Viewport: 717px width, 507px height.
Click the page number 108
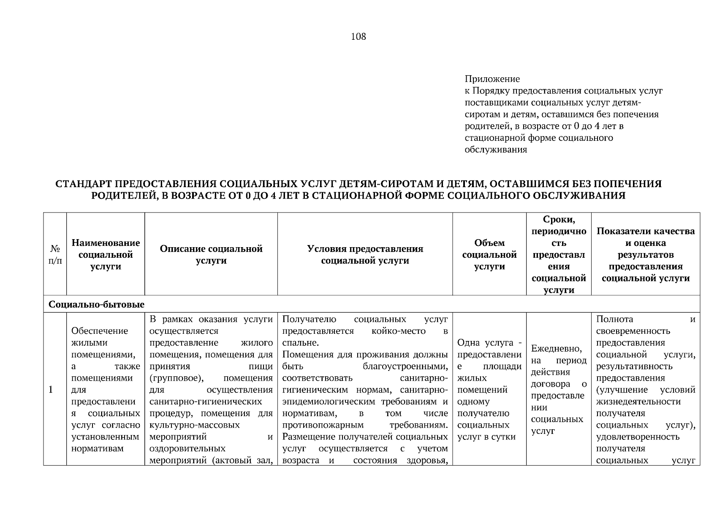coord(358,37)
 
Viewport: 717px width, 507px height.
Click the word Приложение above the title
coord(492,79)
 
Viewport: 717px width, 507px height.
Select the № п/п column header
coord(55,255)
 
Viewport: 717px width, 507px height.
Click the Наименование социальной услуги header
coord(106,254)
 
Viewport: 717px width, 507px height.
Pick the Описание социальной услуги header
coord(211,254)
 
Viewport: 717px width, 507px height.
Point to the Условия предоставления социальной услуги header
coord(365,254)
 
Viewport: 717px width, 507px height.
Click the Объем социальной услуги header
coord(489,254)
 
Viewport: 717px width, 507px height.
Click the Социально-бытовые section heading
coord(97,305)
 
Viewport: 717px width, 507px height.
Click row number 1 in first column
coord(51,390)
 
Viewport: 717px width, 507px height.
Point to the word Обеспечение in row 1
coord(100,331)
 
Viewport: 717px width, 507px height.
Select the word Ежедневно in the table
coord(556,349)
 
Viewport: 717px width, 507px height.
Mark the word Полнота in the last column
coord(614,319)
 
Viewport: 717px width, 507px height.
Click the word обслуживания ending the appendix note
coord(496,150)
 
